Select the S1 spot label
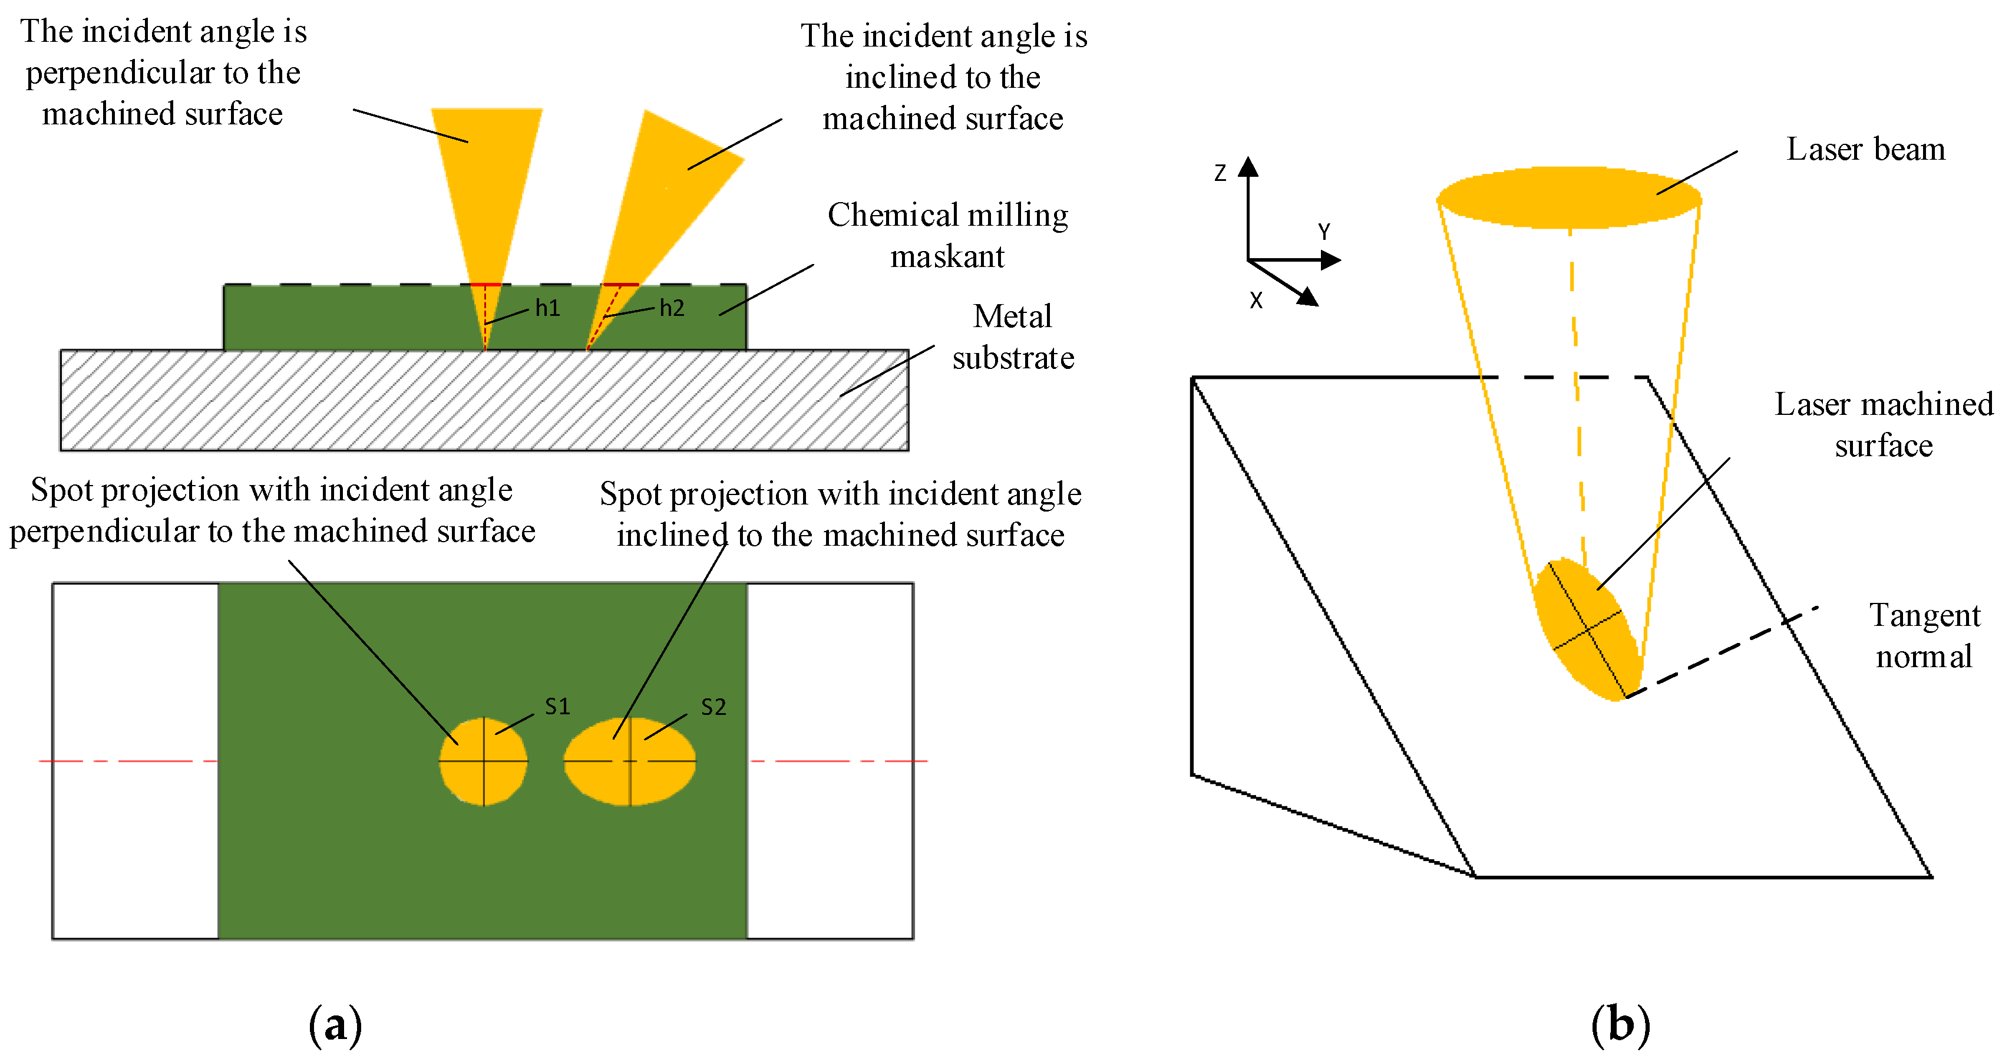(x=557, y=706)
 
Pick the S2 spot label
(x=713, y=707)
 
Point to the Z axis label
(x=1220, y=173)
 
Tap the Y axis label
(x=1323, y=232)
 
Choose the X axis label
(x=1256, y=300)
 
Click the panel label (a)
(x=335, y=1025)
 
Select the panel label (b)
(x=1620, y=1025)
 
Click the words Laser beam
(x=1865, y=149)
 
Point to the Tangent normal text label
(x=1924, y=636)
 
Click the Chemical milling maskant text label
(x=947, y=235)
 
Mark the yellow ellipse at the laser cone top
(x=1568, y=197)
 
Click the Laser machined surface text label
(x=1884, y=424)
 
